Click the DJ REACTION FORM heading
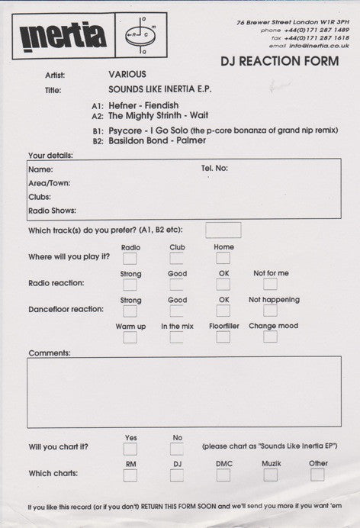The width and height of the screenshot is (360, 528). pyautogui.click(x=284, y=63)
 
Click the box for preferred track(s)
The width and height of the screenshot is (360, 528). pyautogui.click(x=223, y=230)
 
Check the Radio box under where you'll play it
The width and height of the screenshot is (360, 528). pyautogui.click(x=130, y=259)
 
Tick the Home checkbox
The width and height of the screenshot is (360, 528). pyautogui.click(x=223, y=259)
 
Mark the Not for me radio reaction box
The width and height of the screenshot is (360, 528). pyautogui.click(x=271, y=284)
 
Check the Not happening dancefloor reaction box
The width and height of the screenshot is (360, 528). pyautogui.click(x=271, y=311)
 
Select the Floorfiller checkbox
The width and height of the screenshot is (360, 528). pyautogui.click(x=223, y=336)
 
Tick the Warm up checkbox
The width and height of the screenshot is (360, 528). pyautogui.click(x=130, y=336)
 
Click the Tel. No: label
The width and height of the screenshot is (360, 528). pyautogui.click(x=214, y=168)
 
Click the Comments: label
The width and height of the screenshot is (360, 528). pyautogui.click(x=50, y=353)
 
